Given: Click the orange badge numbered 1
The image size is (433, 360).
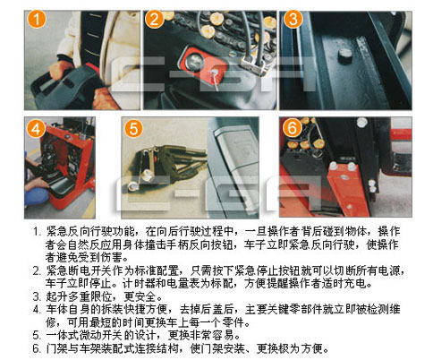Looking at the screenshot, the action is click(x=37, y=19).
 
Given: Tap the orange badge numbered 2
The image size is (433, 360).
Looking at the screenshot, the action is click(x=154, y=19).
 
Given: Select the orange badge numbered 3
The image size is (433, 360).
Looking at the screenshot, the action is click(x=293, y=19).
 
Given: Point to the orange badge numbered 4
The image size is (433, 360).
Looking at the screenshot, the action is click(x=36, y=128).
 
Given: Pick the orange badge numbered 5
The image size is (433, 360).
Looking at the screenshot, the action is click(x=133, y=128).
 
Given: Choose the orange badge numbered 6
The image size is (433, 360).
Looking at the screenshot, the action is click(x=292, y=128).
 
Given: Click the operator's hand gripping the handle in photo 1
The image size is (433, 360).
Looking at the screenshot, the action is click(x=62, y=71).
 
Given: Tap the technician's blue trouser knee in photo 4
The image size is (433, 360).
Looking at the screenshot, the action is click(x=37, y=196).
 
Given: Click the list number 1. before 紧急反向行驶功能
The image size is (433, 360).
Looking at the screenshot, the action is click(x=37, y=232).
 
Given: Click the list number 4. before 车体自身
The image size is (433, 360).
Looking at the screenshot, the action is click(x=37, y=310).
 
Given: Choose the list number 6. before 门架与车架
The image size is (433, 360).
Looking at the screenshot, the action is click(x=37, y=348).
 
